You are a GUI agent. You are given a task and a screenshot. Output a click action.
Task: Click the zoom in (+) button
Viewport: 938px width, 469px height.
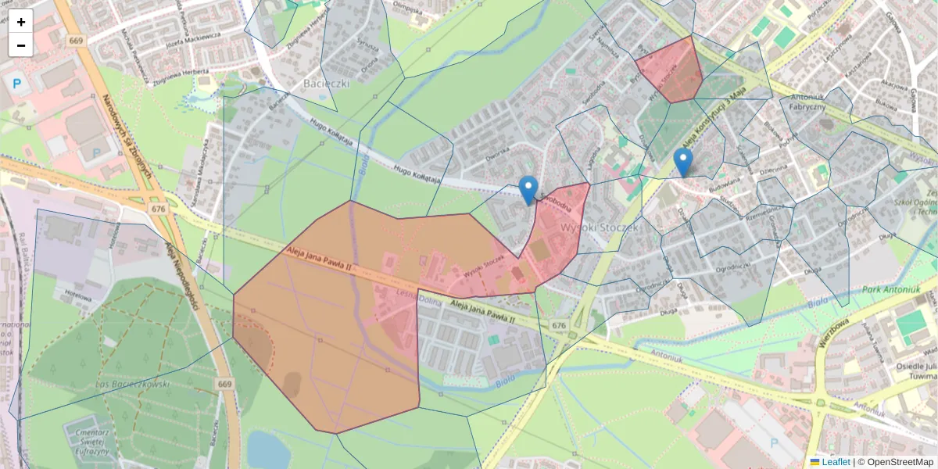(x=21, y=22)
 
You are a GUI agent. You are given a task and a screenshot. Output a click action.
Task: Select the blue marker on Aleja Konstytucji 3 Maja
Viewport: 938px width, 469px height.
(x=683, y=162)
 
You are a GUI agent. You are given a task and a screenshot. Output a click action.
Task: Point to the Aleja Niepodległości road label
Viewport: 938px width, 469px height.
(x=181, y=274)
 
